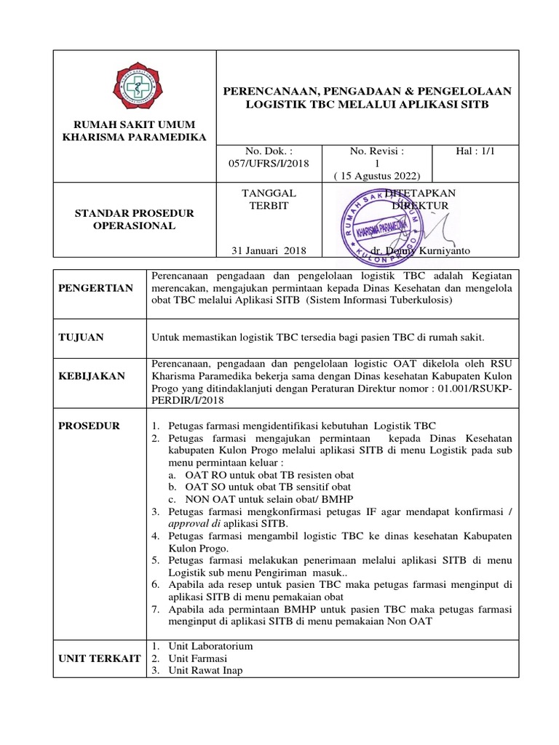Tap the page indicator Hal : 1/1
pos(475,151)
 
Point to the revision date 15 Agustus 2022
pos(377,175)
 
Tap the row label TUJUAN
pos(81,338)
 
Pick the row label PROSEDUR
pos(89,426)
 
